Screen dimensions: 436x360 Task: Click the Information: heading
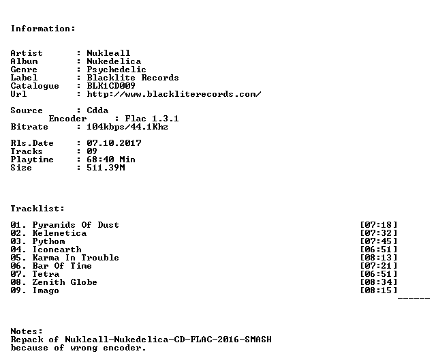[43, 29]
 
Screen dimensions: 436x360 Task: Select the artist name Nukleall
[108, 53]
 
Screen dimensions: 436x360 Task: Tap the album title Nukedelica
[114, 61]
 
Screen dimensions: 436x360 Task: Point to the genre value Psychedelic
[116, 70]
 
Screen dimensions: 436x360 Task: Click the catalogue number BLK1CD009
[111, 86]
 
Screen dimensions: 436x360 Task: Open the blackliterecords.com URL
[174, 94]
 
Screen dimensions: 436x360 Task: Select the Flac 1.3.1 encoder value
[152, 119]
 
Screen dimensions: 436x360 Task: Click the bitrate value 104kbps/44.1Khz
[127, 127]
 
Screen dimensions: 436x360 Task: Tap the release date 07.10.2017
[114, 143]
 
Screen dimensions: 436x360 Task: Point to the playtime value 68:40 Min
[111, 160]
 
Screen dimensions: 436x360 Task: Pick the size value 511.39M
[106, 168]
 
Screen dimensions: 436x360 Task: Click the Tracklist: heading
[37, 209]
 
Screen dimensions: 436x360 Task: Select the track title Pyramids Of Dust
[76, 225]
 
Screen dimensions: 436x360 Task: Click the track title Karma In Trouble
[76, 258]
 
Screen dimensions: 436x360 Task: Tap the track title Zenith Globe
[65, 282]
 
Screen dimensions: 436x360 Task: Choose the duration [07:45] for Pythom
[379, 241]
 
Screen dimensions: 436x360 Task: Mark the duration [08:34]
[379, 282]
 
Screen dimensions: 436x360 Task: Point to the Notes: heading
[27, 331]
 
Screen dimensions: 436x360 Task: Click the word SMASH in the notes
[258, 340]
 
